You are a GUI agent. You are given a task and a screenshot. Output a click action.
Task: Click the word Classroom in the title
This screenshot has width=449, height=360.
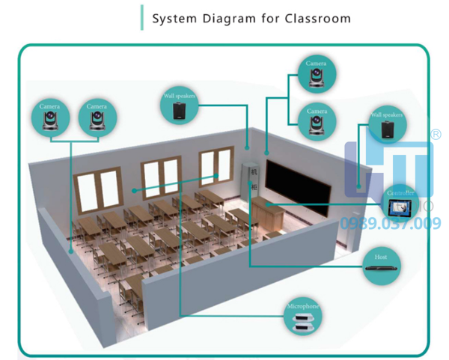(x=317, y=18)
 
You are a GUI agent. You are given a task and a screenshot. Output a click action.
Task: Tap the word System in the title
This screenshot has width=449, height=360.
(x=174, y=18)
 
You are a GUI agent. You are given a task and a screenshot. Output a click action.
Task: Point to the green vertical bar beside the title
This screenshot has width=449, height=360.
(x=141, y=17)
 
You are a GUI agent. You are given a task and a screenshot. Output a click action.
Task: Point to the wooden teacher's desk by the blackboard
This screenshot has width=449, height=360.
(x=266, y=213)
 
